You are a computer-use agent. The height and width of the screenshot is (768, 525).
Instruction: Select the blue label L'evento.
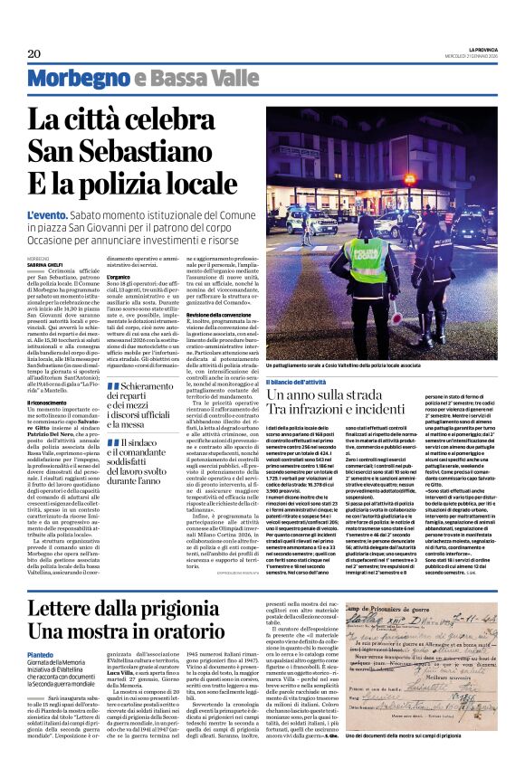click(46, 213)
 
